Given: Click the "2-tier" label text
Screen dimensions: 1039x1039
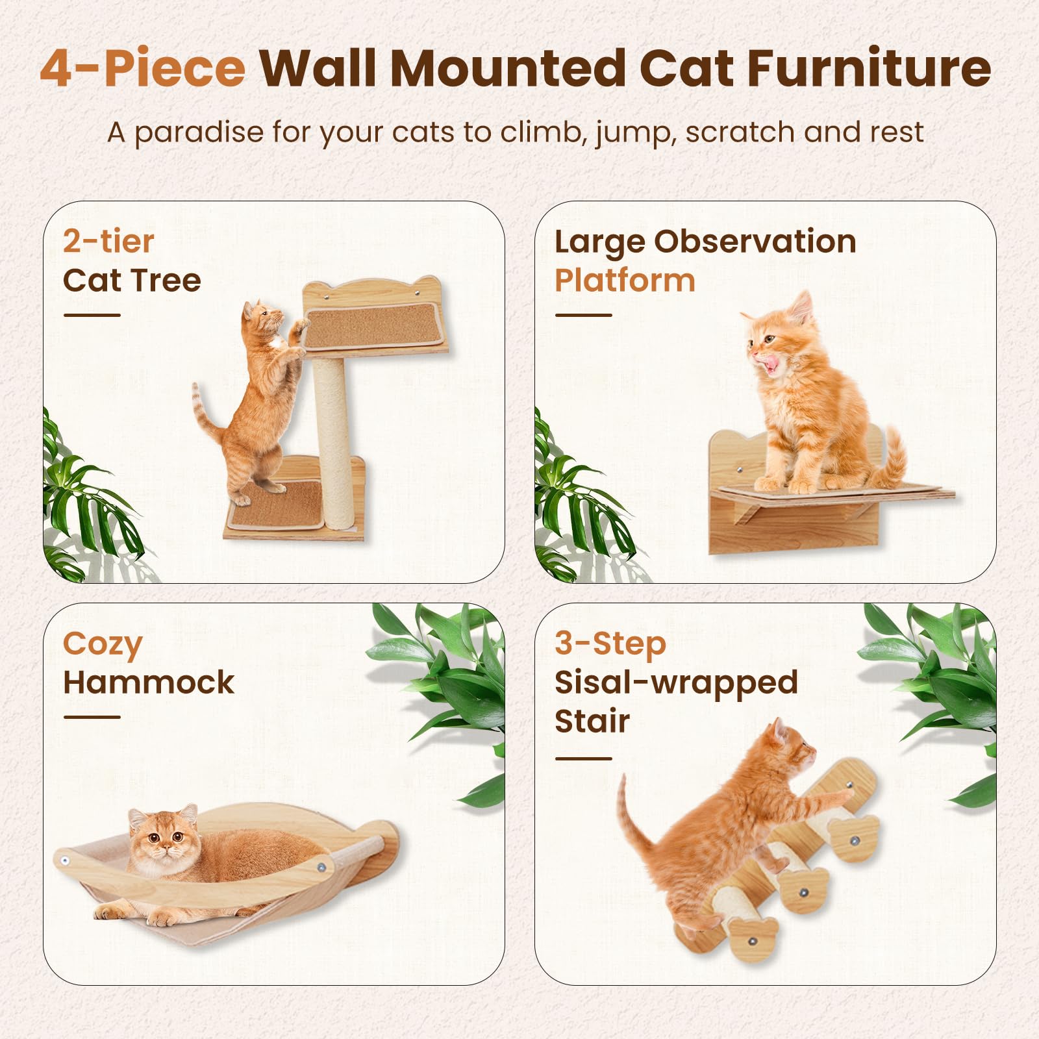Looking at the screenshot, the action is pyautogui.click(x=108, y=242).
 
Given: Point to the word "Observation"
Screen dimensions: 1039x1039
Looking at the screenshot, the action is pyautogui.click(x=755, y=242).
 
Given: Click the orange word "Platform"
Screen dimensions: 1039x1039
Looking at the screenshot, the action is pyautogui.click(x=625, y=281).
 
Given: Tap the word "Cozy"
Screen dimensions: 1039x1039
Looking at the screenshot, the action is pyautogui.click(x=103, y=645).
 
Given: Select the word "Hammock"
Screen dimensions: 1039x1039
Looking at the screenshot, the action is pyautogui.click(x=149, y=682).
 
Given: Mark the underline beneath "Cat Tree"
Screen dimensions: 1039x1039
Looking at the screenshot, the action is pyautogui.click(x=92, y=316).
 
